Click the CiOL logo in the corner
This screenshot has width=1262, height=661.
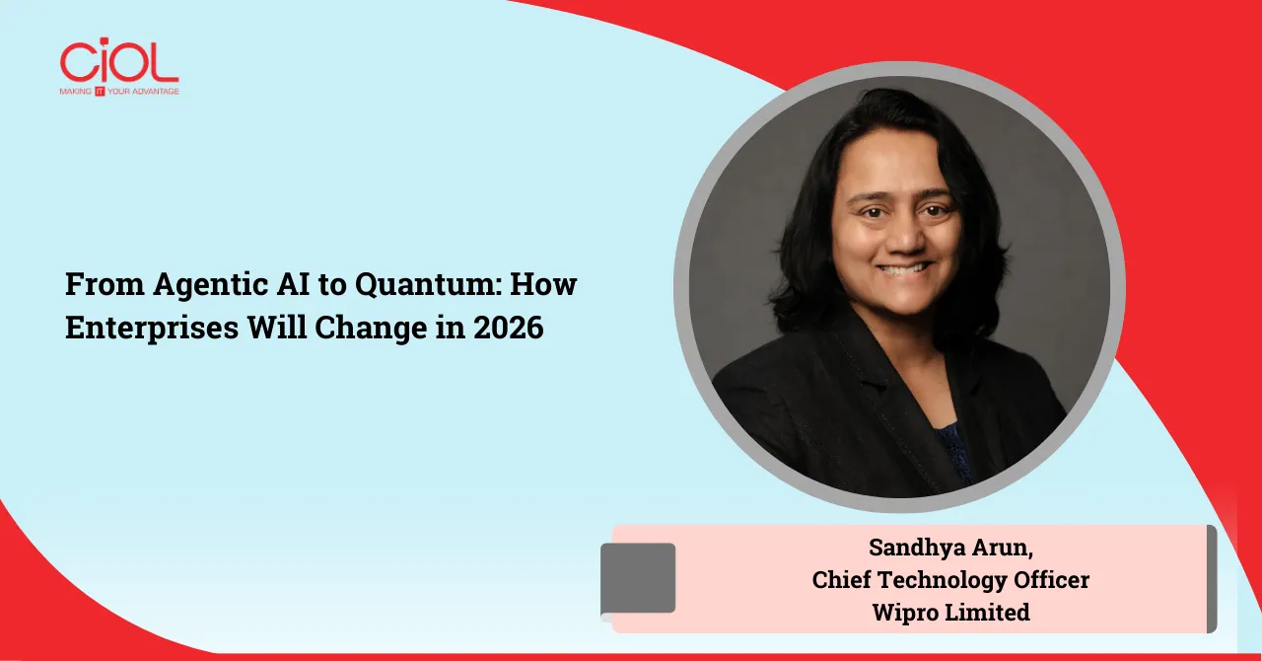pos(118,61)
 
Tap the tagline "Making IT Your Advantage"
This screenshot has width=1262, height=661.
pos(119,91)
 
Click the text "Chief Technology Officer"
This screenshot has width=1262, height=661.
pos(950,580)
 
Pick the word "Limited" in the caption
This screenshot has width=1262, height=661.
pos(988,612)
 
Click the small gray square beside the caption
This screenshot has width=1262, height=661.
pos(638,578)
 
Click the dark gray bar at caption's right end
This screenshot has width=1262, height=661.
pos(1212,578)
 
